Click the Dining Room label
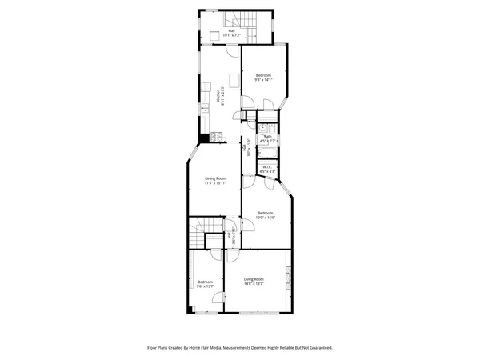(x=214, y=178)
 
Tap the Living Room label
(x=257, y=278)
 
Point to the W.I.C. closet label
(x=267, y=167)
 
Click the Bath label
(x=267, y=137)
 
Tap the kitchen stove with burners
(x=217, y=138)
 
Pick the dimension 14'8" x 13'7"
(x=257, y=282)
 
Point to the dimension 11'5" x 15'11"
(x=214, y=183)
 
